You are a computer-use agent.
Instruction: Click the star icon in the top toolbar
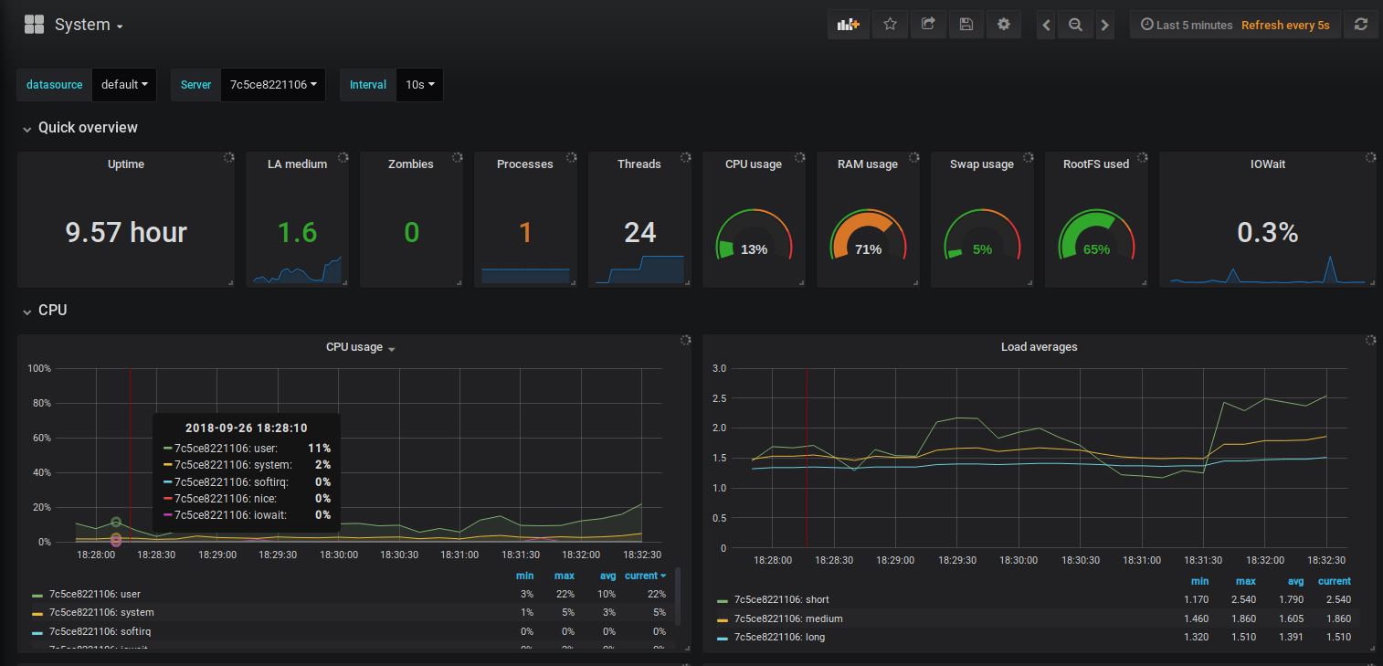click(890, 25)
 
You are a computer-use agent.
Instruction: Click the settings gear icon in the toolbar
click(1004, 25)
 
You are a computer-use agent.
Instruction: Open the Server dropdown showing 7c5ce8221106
click(273, 85)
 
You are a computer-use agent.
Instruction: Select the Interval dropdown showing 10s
click(419, 85)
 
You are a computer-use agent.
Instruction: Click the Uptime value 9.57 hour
click(126, 232)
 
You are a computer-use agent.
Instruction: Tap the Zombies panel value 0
click(411, 232)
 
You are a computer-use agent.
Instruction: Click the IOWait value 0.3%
click(1267, 232)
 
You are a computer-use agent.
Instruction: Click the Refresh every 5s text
click(1285, 25)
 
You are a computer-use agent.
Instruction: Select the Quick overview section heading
click(88, 128)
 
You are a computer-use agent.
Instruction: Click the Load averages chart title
click(1039, 347)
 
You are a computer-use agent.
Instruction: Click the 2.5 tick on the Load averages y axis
click(719, 398)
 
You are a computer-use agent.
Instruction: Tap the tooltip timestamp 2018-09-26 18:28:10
click(246, 428)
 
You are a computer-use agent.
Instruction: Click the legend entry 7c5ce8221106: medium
click(787, 618)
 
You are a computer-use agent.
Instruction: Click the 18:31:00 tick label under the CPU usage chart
click(459, 555)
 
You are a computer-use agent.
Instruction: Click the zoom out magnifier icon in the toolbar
click(1075, 25)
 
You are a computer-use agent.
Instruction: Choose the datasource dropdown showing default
click(124, 85)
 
